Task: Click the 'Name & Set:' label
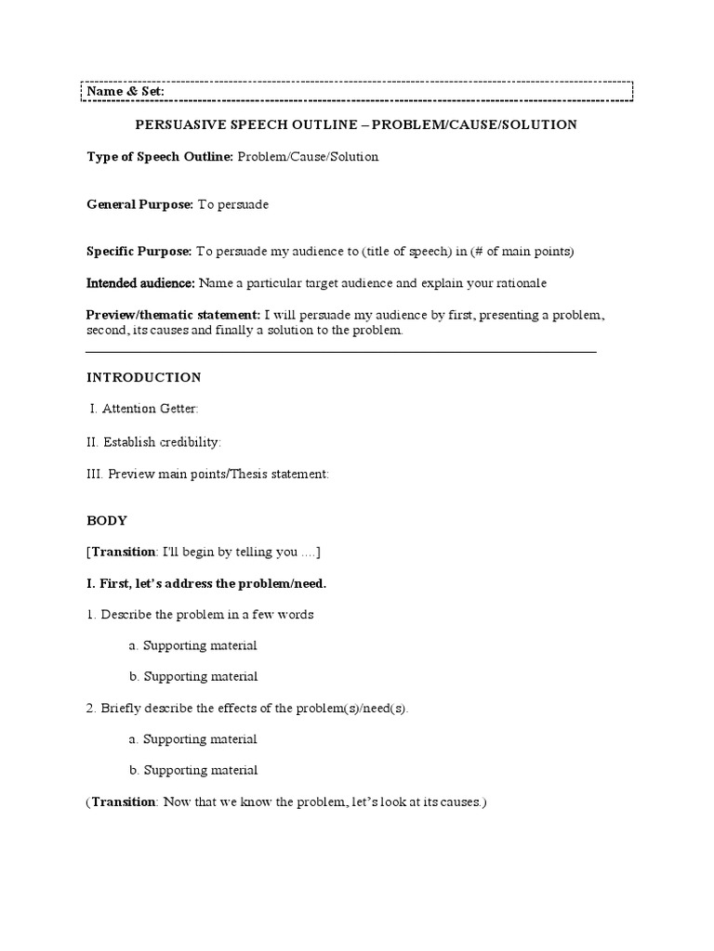click(x=126, y=92)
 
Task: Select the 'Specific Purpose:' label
click(x=139, y=252)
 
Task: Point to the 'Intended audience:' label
click(x=140, y=282)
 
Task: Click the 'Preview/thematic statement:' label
click(x=174, y=316)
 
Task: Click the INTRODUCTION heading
click(x=144, y=378)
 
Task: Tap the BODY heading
click(x=107, y=521)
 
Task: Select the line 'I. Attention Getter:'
click(x=144, y=410)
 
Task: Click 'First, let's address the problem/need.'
click(x=206, y=583)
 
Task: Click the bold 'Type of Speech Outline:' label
click(x=160, y=157)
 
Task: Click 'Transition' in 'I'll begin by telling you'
click(x=124, y=552)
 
